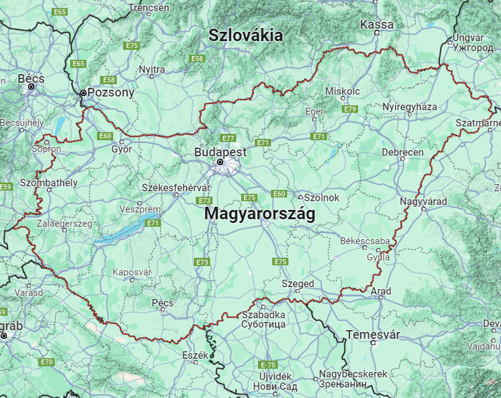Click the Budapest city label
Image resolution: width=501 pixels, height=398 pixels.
pos(220,152)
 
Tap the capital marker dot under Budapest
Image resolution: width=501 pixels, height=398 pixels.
pos(220,163)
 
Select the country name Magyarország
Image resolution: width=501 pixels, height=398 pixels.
pos(259,214)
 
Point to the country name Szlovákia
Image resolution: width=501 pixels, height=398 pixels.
pos(246,35)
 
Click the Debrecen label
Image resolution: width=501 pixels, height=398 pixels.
pos(402,153)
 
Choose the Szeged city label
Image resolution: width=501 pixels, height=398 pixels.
pos(298,284)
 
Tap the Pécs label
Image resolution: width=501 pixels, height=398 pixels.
pos(162,303)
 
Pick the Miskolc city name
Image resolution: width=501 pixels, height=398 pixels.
pos(342,92)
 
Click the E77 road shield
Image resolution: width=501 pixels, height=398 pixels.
pos(228,138)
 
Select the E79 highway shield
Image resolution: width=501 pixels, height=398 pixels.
pos(350,109)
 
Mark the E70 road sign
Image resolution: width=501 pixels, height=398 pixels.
pos(47,362)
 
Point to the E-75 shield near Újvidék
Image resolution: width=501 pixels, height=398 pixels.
pos(268,364)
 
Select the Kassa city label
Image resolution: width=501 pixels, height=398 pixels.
pos(377,25)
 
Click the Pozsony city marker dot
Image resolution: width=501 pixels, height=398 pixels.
pos(83,93)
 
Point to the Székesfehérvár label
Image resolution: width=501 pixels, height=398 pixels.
pos(176,187)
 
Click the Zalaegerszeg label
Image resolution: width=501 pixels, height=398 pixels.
pos(65,223)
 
